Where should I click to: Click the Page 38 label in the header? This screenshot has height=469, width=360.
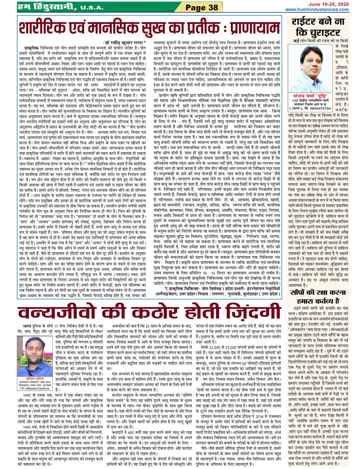(x=202, y=7)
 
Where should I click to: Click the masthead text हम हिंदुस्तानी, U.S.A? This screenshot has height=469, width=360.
(x=60, y=7)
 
